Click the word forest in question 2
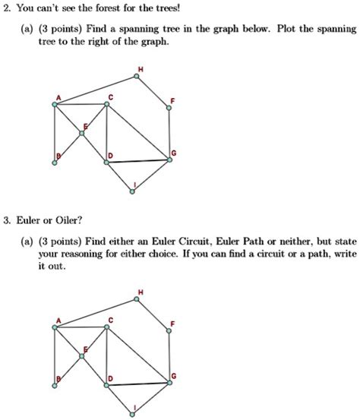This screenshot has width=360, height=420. (x=139, y=9)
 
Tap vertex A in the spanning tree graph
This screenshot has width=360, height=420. (x=54, y=104)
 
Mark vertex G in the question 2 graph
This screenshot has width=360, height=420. (x=169, y=159)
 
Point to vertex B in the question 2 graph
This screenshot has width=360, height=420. (x=54, y=161)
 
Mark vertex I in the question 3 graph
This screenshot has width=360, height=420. (x=135, y=411)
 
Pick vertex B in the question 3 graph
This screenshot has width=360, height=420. (x=54, y=383)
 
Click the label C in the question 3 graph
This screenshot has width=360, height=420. (x=111, y=320)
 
